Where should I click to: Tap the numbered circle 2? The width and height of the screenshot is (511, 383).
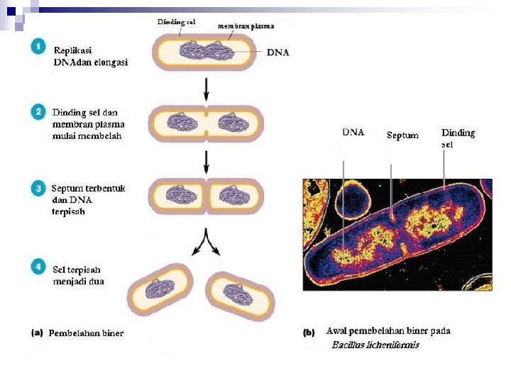point(40,111)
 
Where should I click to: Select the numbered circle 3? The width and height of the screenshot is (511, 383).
point(40,188)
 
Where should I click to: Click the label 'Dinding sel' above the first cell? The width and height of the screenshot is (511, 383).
point(176,22)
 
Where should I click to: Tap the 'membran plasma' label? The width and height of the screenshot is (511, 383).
point(246,26)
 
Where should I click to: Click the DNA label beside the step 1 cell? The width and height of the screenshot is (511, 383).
point(278,52)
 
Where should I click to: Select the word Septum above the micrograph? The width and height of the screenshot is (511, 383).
point(402,135)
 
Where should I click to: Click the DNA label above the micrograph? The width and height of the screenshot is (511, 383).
point(353,132)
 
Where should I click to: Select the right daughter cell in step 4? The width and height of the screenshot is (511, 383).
point(238,292)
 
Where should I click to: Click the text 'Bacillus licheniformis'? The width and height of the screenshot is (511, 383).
point(375,345)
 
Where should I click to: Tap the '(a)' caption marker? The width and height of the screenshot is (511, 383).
point(38,332)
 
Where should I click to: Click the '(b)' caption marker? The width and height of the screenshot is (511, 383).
point(309,331)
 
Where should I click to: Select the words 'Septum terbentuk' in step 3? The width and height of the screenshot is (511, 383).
point(88,189)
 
